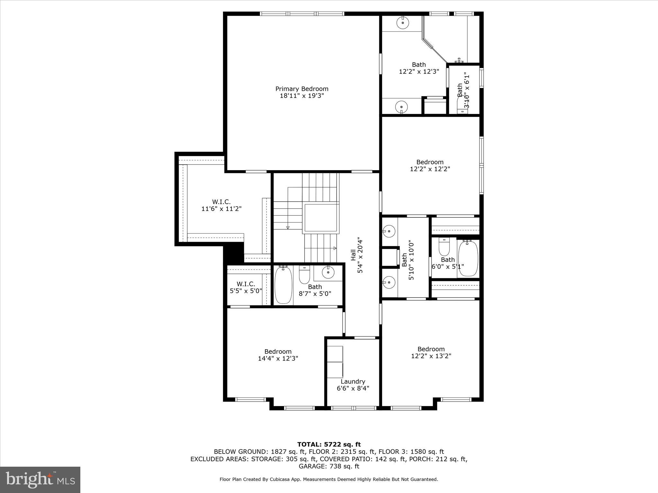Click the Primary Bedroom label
pos(302,89)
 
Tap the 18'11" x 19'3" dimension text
pos(302,96)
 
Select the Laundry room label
pos(353,381)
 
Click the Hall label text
pos(353,255)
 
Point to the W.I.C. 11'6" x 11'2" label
pos(221,205)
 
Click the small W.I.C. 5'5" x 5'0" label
pos(246,288)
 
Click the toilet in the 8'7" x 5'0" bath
pos(304,275)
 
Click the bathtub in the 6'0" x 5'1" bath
pos(468,258)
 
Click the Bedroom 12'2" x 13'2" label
pos(431,352)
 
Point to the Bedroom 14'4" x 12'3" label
pos(278,355)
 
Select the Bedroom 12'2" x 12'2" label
pos(430,166)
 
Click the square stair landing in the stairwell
pos(321,217)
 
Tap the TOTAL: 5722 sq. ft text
pos(329,445)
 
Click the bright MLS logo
pos(40,480)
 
